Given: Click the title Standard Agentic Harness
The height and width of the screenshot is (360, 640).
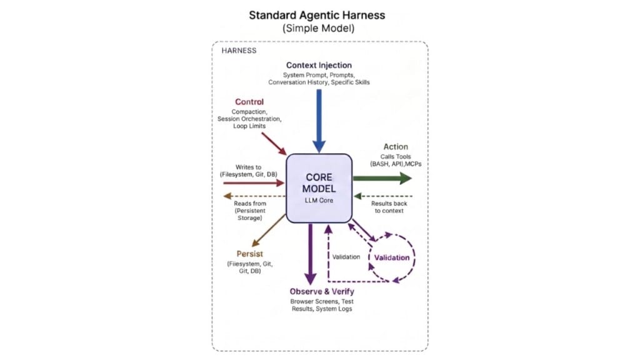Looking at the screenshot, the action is (317, 16).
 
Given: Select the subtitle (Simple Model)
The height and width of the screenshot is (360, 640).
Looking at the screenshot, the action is (318, 28).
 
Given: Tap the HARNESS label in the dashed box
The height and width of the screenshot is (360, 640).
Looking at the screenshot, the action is (239, 51).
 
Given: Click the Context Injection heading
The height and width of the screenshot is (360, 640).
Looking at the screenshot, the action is (319, 65).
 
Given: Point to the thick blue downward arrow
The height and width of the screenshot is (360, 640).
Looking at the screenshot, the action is (319, 121).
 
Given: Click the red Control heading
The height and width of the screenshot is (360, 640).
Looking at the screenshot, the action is (249, 102).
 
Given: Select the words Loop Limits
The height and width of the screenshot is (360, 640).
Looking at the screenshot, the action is (249, 126).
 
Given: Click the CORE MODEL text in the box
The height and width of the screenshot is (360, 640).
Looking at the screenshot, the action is (319, 183).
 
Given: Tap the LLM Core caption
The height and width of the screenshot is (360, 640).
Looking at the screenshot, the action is (319, 201).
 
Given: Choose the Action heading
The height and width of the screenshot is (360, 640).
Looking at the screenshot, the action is (396, 147).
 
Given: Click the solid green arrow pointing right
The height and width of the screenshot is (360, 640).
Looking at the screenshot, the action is (382, 178).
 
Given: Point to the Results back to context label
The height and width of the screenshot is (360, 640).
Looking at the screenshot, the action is (389, 207).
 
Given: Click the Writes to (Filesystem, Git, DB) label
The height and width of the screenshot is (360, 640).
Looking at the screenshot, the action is (249, 171).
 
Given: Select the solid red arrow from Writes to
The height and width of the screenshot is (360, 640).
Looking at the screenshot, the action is (254, 183).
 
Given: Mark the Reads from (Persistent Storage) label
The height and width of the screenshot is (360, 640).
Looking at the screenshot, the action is (250, 211).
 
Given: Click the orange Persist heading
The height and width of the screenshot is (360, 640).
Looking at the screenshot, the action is (250, 254).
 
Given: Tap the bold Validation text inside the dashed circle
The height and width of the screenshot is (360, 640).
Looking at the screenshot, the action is (392, 257).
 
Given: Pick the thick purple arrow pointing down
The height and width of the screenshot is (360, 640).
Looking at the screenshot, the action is (311, 254).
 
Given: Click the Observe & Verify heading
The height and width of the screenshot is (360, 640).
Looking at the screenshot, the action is (322, 291).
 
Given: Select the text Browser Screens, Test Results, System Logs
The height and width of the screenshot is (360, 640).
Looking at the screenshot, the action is (322, 305).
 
